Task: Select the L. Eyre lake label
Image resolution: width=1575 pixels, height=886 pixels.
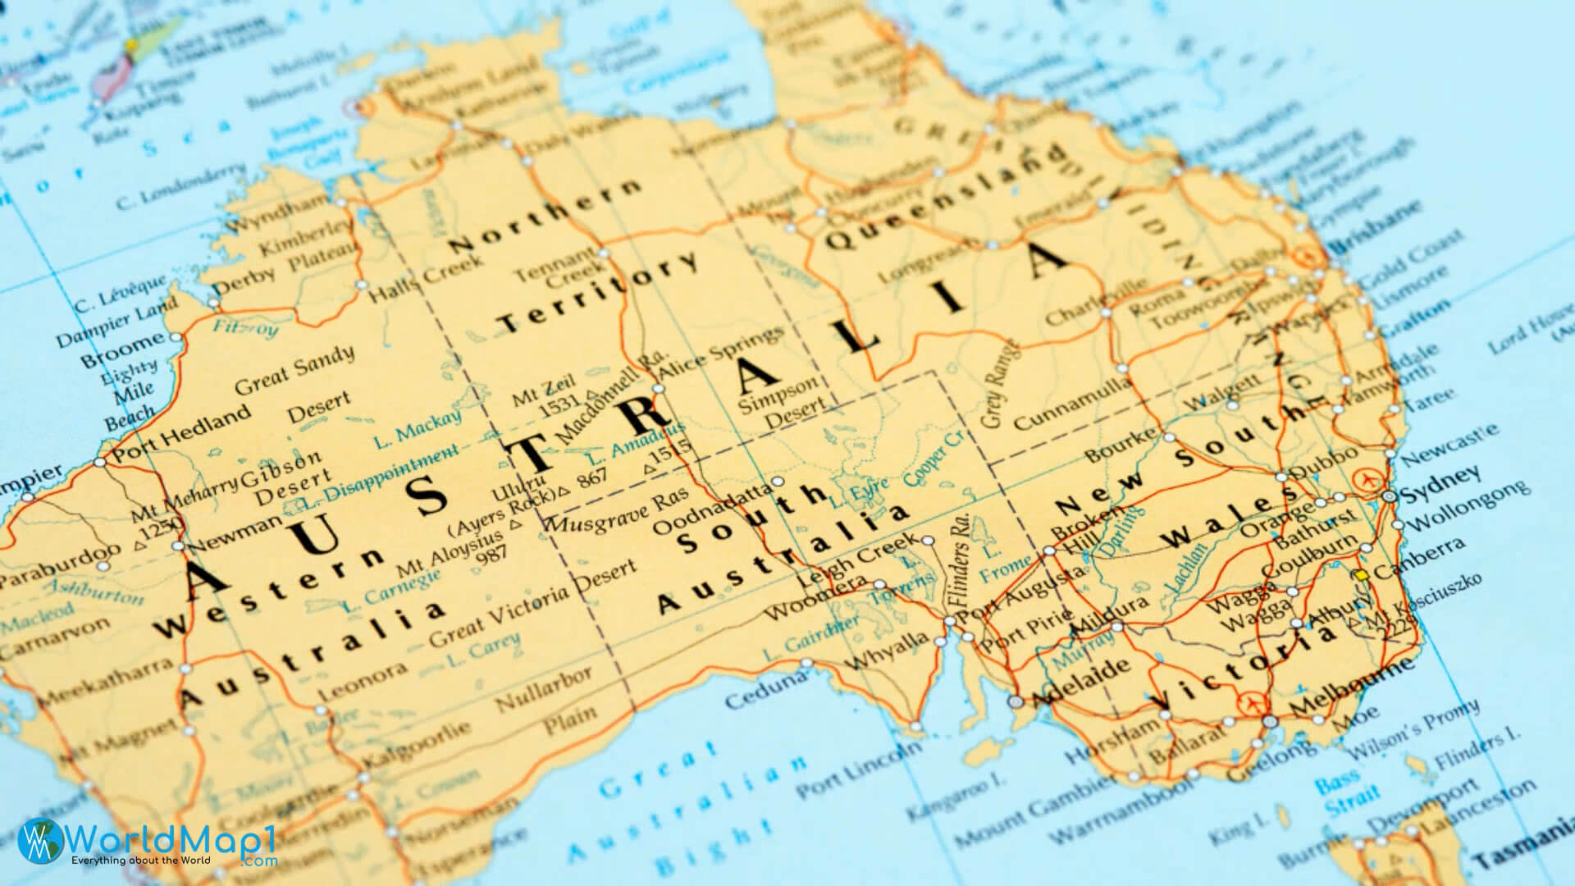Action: point(859,495)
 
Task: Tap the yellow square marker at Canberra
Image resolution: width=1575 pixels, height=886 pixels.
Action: point(1362,576)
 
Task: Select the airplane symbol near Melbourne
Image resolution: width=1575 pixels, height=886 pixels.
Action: point(1253,703)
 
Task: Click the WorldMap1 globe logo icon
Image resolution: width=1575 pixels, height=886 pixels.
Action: point(36,841)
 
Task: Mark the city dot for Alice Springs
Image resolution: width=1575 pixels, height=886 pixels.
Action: point(658,389)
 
